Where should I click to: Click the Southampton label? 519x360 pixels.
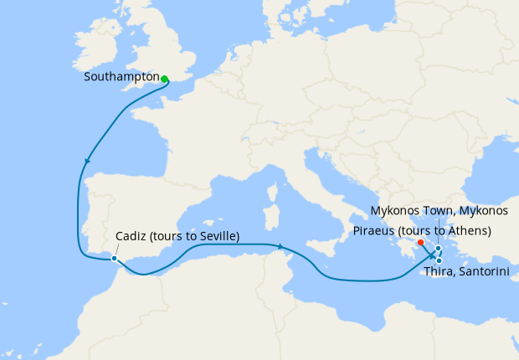coord(121,77)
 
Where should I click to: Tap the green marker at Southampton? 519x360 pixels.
coord(165,80)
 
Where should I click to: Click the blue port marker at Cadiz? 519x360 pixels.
coord(114,259)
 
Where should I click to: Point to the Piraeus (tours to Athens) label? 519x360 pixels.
coord(422,229)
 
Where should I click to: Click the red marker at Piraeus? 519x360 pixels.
coord(420,243)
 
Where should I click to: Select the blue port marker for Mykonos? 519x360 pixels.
coord(439,248)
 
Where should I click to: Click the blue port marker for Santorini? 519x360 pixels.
coord(439,260)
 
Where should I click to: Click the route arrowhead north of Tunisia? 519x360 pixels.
coord(281,246)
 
